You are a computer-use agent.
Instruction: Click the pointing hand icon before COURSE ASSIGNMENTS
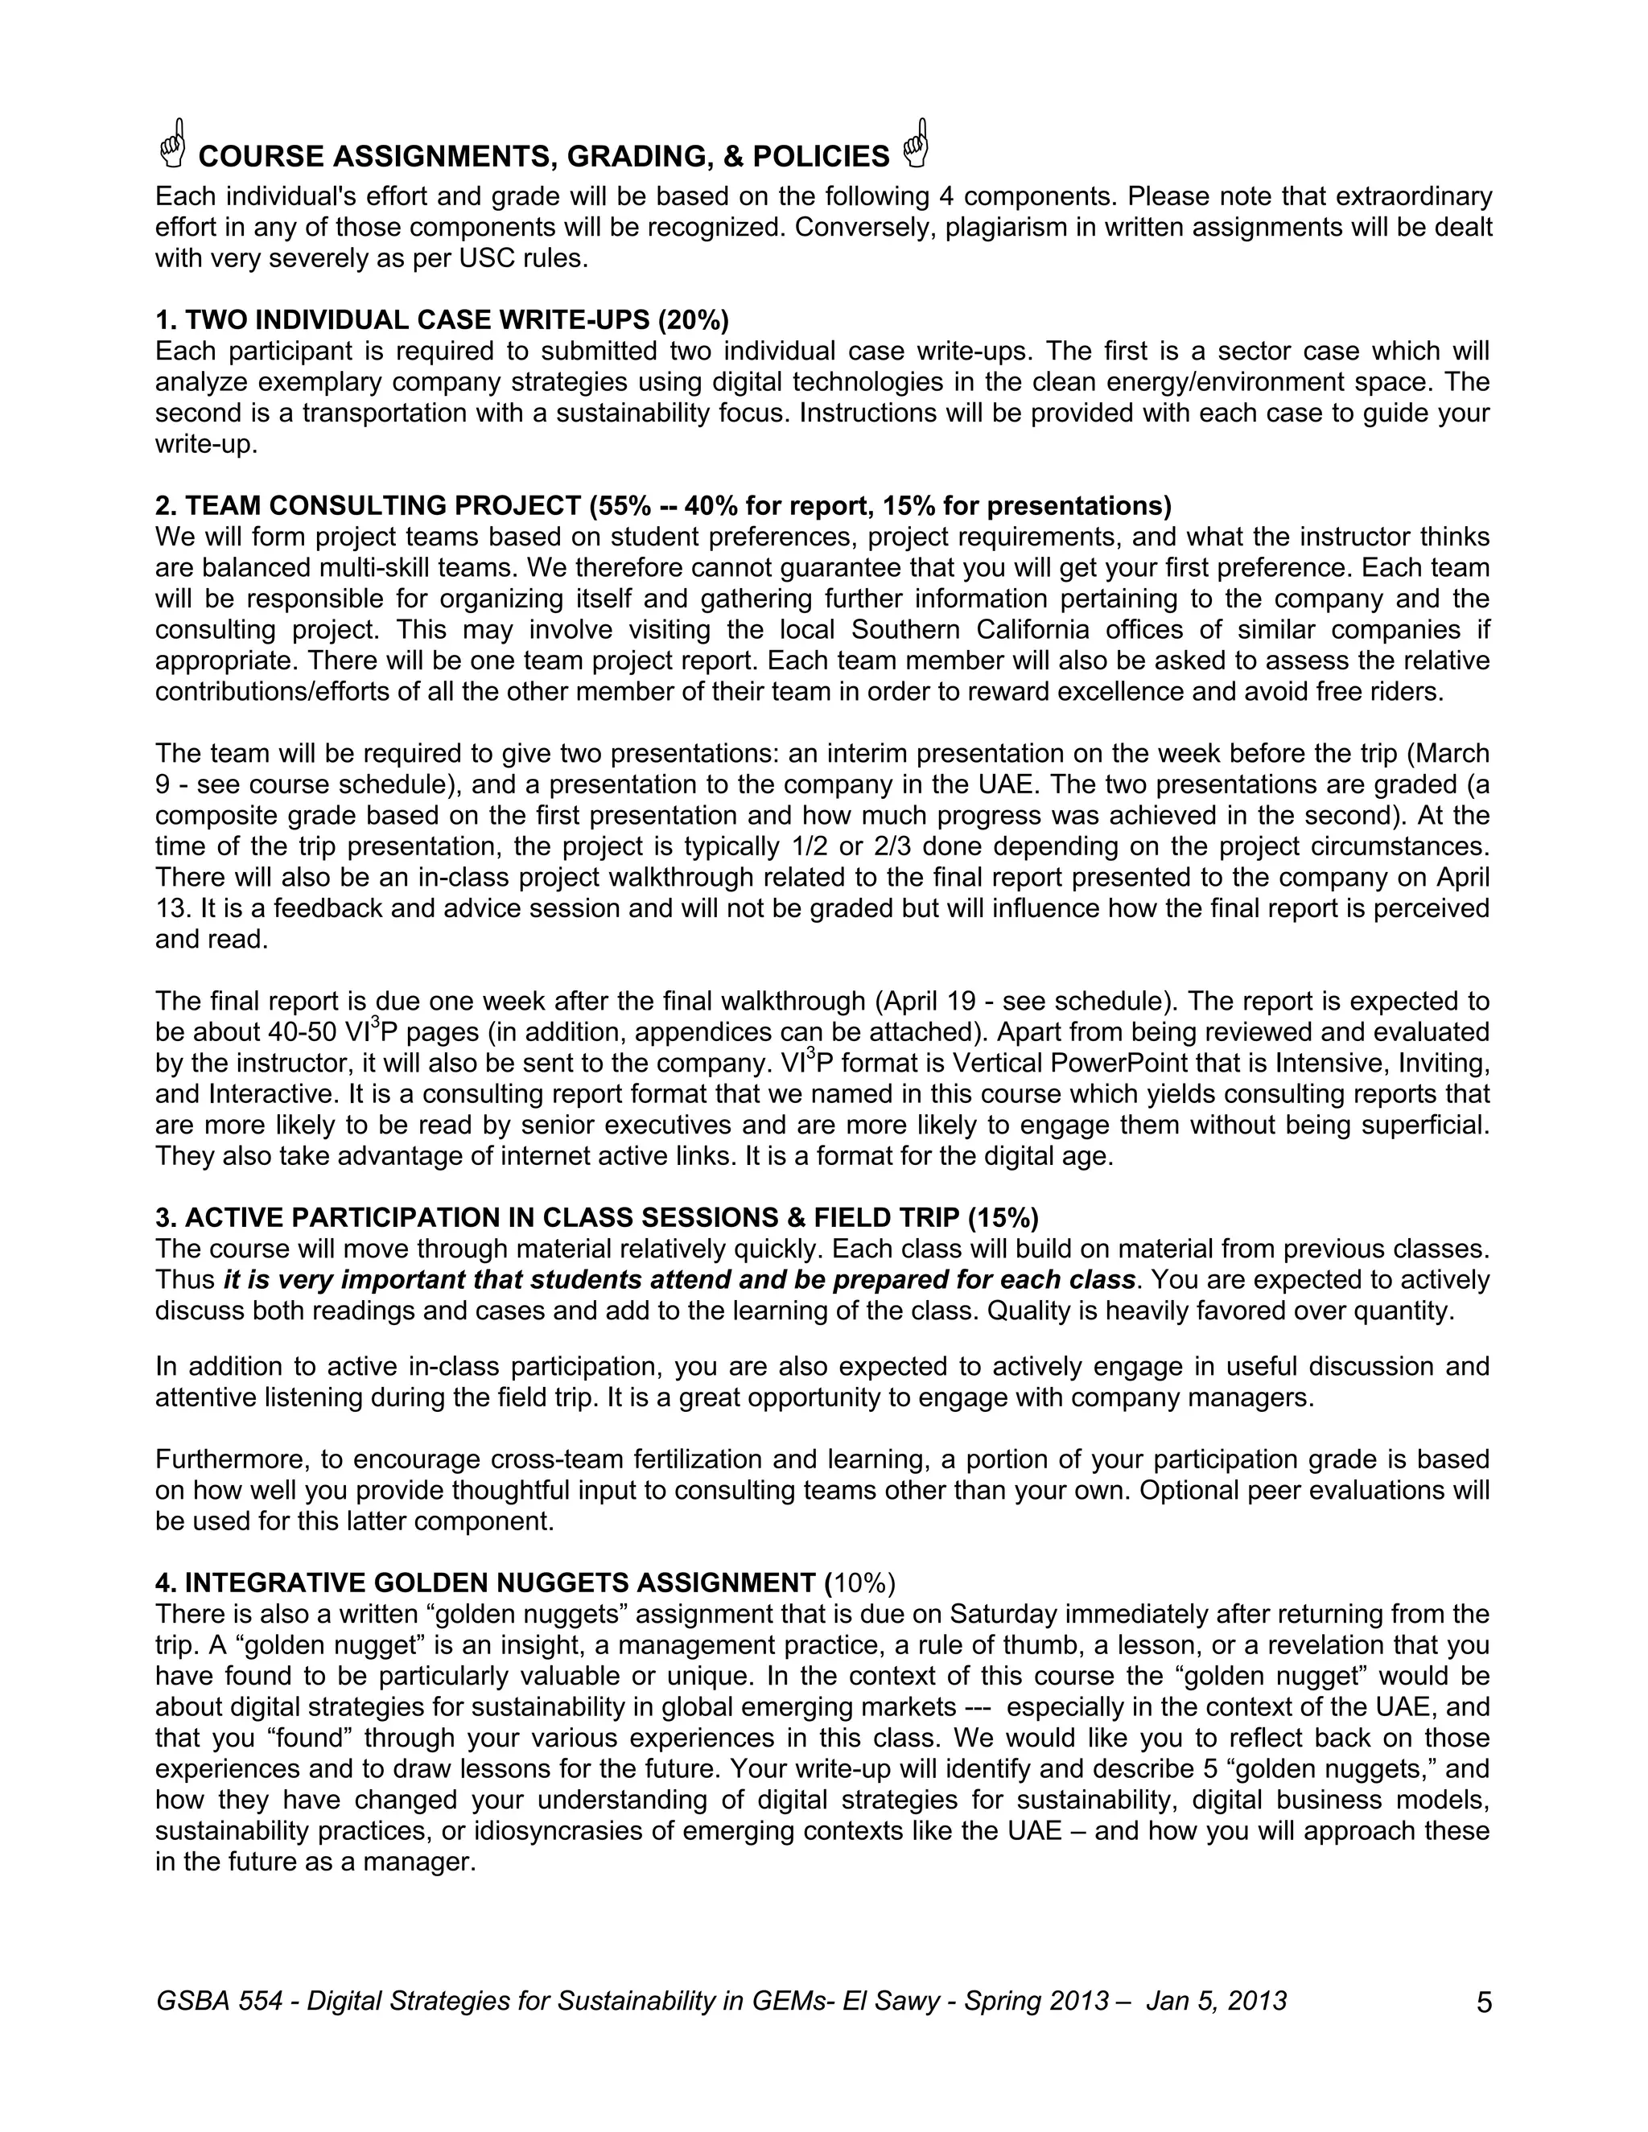click(173, 145)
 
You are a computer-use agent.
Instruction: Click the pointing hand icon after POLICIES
click(916, 145)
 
